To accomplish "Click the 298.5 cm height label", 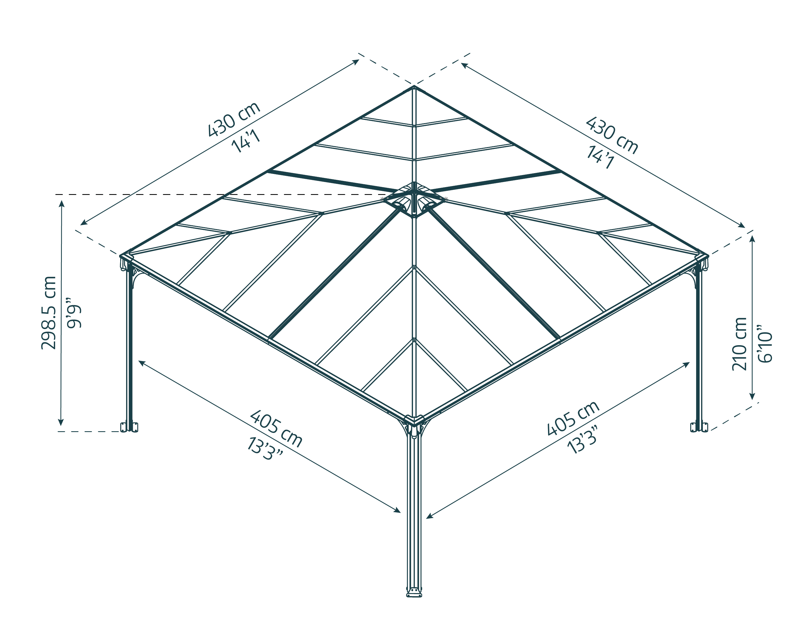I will [49, 313].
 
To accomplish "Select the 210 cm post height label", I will [739, 344].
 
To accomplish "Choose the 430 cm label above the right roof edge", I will [612, 135].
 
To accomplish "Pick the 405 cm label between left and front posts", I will [276, 429].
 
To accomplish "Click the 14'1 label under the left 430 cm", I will [246, 141].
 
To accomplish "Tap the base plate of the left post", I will [129, 427].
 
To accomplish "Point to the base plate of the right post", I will [699, 427].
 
